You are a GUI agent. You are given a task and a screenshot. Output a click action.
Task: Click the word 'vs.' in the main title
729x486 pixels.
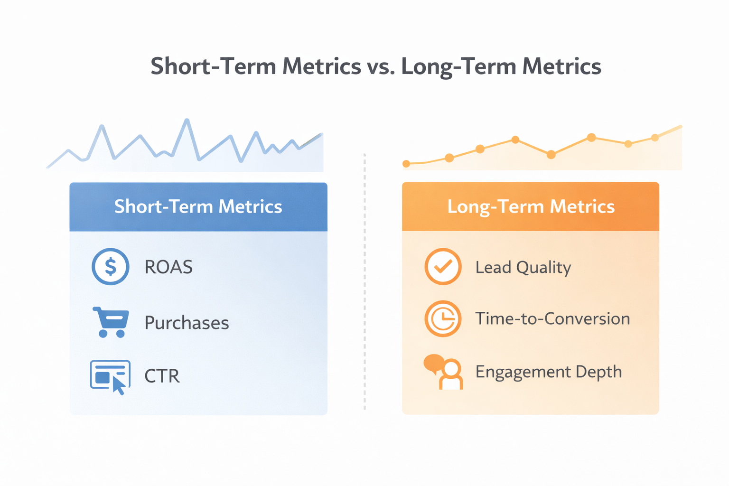click(x=381, y=66)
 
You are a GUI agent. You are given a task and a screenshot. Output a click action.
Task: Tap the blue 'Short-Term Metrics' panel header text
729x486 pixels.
click(x=198, y=207)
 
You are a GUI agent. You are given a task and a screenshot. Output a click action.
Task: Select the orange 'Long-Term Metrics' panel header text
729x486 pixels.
click(x=531, y=207)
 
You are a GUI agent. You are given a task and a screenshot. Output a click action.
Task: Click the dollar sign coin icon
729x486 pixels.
click(x=110, y=267)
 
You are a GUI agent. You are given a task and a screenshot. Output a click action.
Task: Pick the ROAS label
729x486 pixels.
click(x=168, y=267)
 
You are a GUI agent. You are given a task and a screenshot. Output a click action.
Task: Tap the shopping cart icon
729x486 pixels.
click(x=111, y=322)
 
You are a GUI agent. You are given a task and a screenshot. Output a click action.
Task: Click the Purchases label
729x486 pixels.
click(x=187, y=323)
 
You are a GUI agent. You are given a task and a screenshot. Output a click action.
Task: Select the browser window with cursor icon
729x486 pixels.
click(x=110, y=376)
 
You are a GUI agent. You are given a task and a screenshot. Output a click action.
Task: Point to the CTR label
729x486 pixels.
click(x=162, y=376)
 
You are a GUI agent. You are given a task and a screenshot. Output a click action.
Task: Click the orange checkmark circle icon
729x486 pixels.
click(x=442, y=267)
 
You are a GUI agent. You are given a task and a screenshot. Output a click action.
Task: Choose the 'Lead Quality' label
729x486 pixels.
click(x=523, y=268)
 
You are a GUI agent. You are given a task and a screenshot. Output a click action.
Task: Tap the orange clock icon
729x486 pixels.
click(x=442, y=318)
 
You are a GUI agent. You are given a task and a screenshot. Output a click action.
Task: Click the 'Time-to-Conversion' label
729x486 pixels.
click(x=552, y=318)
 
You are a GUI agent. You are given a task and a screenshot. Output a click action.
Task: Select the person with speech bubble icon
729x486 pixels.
click(x=443, y=372)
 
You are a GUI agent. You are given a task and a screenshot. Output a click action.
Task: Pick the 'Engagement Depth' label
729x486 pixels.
click(x=548, y=372)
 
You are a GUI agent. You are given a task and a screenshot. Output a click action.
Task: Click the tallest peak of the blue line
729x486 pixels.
click(x=187, y=121)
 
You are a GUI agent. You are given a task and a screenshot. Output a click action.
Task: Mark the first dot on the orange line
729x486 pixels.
click(x=406, y=164)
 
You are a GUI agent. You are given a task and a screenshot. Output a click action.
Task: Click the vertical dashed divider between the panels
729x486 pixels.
click(x=364, y=285)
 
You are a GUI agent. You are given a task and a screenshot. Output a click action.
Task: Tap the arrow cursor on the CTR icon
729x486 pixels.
click(x=119, y=386)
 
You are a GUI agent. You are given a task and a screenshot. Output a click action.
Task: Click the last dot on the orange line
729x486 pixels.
click(x=655, y=138)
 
